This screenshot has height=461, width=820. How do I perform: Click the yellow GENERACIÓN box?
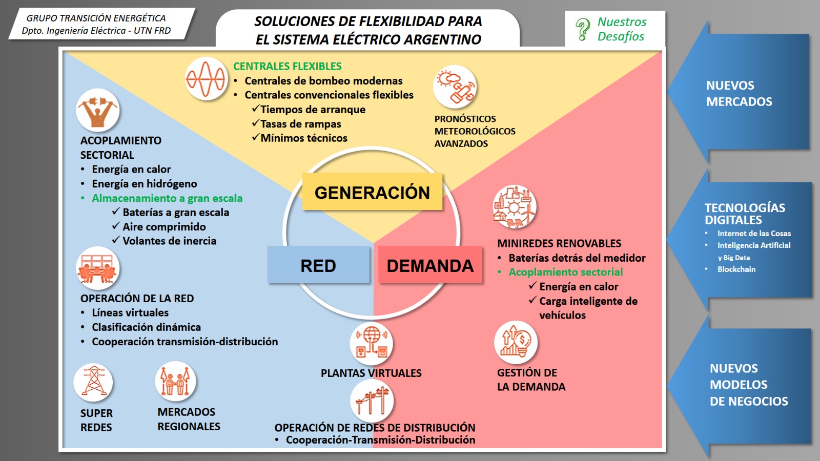(x=372, y=192)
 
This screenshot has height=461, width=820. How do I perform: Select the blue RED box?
(x=318, y=265)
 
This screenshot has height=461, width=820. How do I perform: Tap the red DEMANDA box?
(x=430, y=265)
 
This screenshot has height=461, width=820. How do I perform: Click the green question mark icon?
(x=582, y=29)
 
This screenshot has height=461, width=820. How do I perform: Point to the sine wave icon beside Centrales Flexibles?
(x=206, y=79)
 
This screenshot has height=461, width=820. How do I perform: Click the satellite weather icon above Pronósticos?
(x=455, y=87)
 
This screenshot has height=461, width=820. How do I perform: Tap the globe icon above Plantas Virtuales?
(x=371, y=343)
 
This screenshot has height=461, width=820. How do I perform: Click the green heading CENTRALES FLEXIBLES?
(x=288, y=66)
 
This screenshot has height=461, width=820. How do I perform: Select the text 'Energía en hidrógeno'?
(x=144, y=184)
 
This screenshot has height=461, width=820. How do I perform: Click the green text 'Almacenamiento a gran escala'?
(x=167, y=198)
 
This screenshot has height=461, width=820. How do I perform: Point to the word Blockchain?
(x=736, y=269)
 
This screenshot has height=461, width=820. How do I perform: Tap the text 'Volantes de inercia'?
(x=169, y=241)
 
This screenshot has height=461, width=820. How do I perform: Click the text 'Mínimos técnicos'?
(x=304, y=138)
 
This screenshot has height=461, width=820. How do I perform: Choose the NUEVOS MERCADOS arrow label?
(x=739, y=93)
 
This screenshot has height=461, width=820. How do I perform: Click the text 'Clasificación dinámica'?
(x=146, y=327)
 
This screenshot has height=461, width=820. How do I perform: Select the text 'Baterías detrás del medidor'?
(x=577, y=258)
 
